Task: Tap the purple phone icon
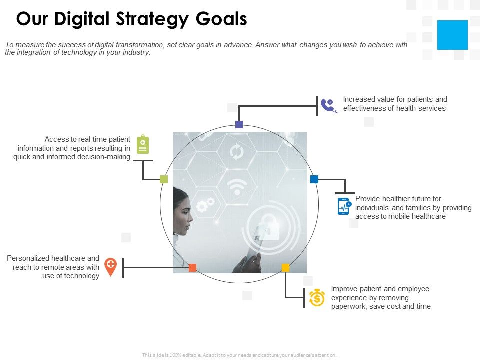pyautogui.click(x=328, y=105)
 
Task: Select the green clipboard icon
pyautogui.click(x=143, y=144)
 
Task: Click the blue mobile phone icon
pyautogui.click(x=344, y=206)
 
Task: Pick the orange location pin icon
pyautogui.click(x=111, y=266)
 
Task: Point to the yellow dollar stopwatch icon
pyautogui.click(x=317, y=298)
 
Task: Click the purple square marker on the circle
pyautogui.click(x=239, y=125)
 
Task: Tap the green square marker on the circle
pyautogui.click(x=164, y=179)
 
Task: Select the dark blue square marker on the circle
pyautogui.click(x=314, y=179)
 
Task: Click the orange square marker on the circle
pyautogui.click(x=192, y=268)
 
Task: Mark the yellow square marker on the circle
pyautogui.click(x=285, y=268)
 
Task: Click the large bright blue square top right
pyautogui.click(x=452, y=35)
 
